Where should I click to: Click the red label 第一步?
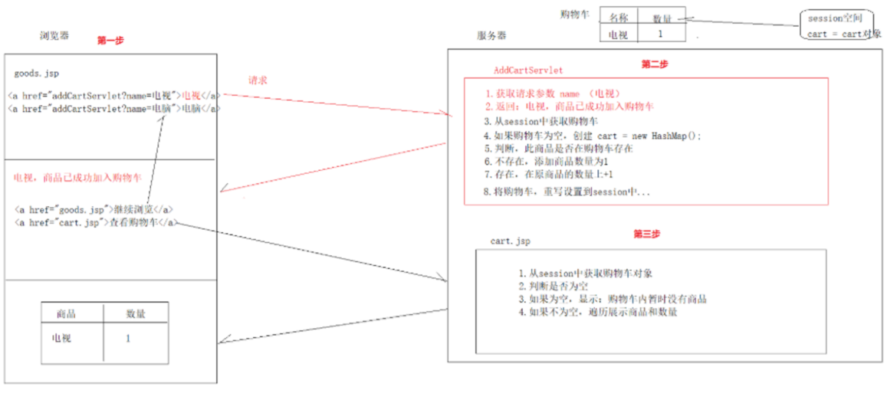point(110,41)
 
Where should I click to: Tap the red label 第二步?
point(654,64)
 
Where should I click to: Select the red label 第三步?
point(648,234)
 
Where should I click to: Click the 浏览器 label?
point(54,36)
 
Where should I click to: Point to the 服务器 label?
point(491,36)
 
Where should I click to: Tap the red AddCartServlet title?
point(528,70)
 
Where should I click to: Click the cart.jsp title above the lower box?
point(510,241)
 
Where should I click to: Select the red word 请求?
point(258,80)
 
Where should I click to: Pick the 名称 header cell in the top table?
point(619,18)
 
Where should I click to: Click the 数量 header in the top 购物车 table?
point(662,18)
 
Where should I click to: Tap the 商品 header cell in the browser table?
point(67,314)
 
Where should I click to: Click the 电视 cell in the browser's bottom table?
point(61,338)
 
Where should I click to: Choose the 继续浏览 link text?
point(133,208)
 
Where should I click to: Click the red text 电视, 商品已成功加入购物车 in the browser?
point(77,178)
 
